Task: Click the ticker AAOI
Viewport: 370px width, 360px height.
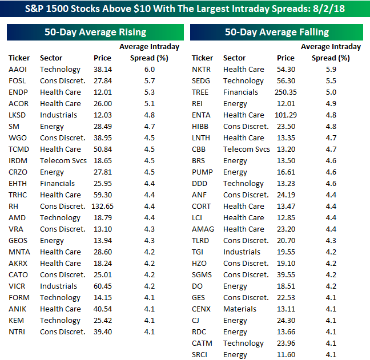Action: pyautogui.click(x=18, y=69)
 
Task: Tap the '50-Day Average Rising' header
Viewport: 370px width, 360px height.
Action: pyautogui.click(x=95, y=33)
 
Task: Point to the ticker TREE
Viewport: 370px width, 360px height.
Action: pyautogui.click(x=200, y=92)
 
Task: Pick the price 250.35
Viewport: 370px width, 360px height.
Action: pyautogui.click(x=285, y=92)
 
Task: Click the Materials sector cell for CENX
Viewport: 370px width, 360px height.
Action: pyautogui.click(x=240, y=309)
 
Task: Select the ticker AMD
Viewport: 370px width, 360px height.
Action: pyautogui.click(x=17, y=217)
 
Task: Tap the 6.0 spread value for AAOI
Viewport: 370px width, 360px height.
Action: pyautogui.click(x=149, y=69)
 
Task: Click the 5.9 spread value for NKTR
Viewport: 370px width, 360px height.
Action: pyautogui.click(x=331, y=69)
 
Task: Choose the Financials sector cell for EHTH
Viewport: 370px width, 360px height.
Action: pyautogui.click(x=57, y=183)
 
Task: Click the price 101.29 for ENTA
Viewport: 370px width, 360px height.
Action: pyautogui.click(x=285, y=115)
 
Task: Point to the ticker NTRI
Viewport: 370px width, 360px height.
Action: pyautogui.click(x=18, y=331)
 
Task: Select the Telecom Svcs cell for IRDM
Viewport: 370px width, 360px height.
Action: pyautogui.click(x=62, y=160)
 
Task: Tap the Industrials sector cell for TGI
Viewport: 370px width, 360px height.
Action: pyautogui.click(x=242, y=252)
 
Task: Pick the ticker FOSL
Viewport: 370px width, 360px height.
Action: pyautogui.click(x=17, y=80)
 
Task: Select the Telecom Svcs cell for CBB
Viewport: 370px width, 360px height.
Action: pyautogui.click(x=246, y=149)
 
